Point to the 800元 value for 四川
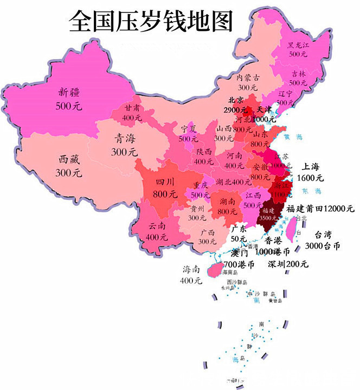(165, 193)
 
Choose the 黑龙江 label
(298, 44)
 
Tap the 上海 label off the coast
(312, 167)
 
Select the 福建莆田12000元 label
(320, 209)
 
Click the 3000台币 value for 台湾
(322, 245)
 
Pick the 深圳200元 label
(287, 264)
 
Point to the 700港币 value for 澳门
(239, 264)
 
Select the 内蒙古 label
(247, 77)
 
